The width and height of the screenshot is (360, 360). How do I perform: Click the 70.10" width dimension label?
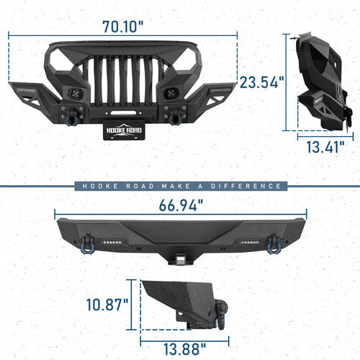pos(122,27)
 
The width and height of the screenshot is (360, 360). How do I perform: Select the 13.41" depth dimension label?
pos(323,149)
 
